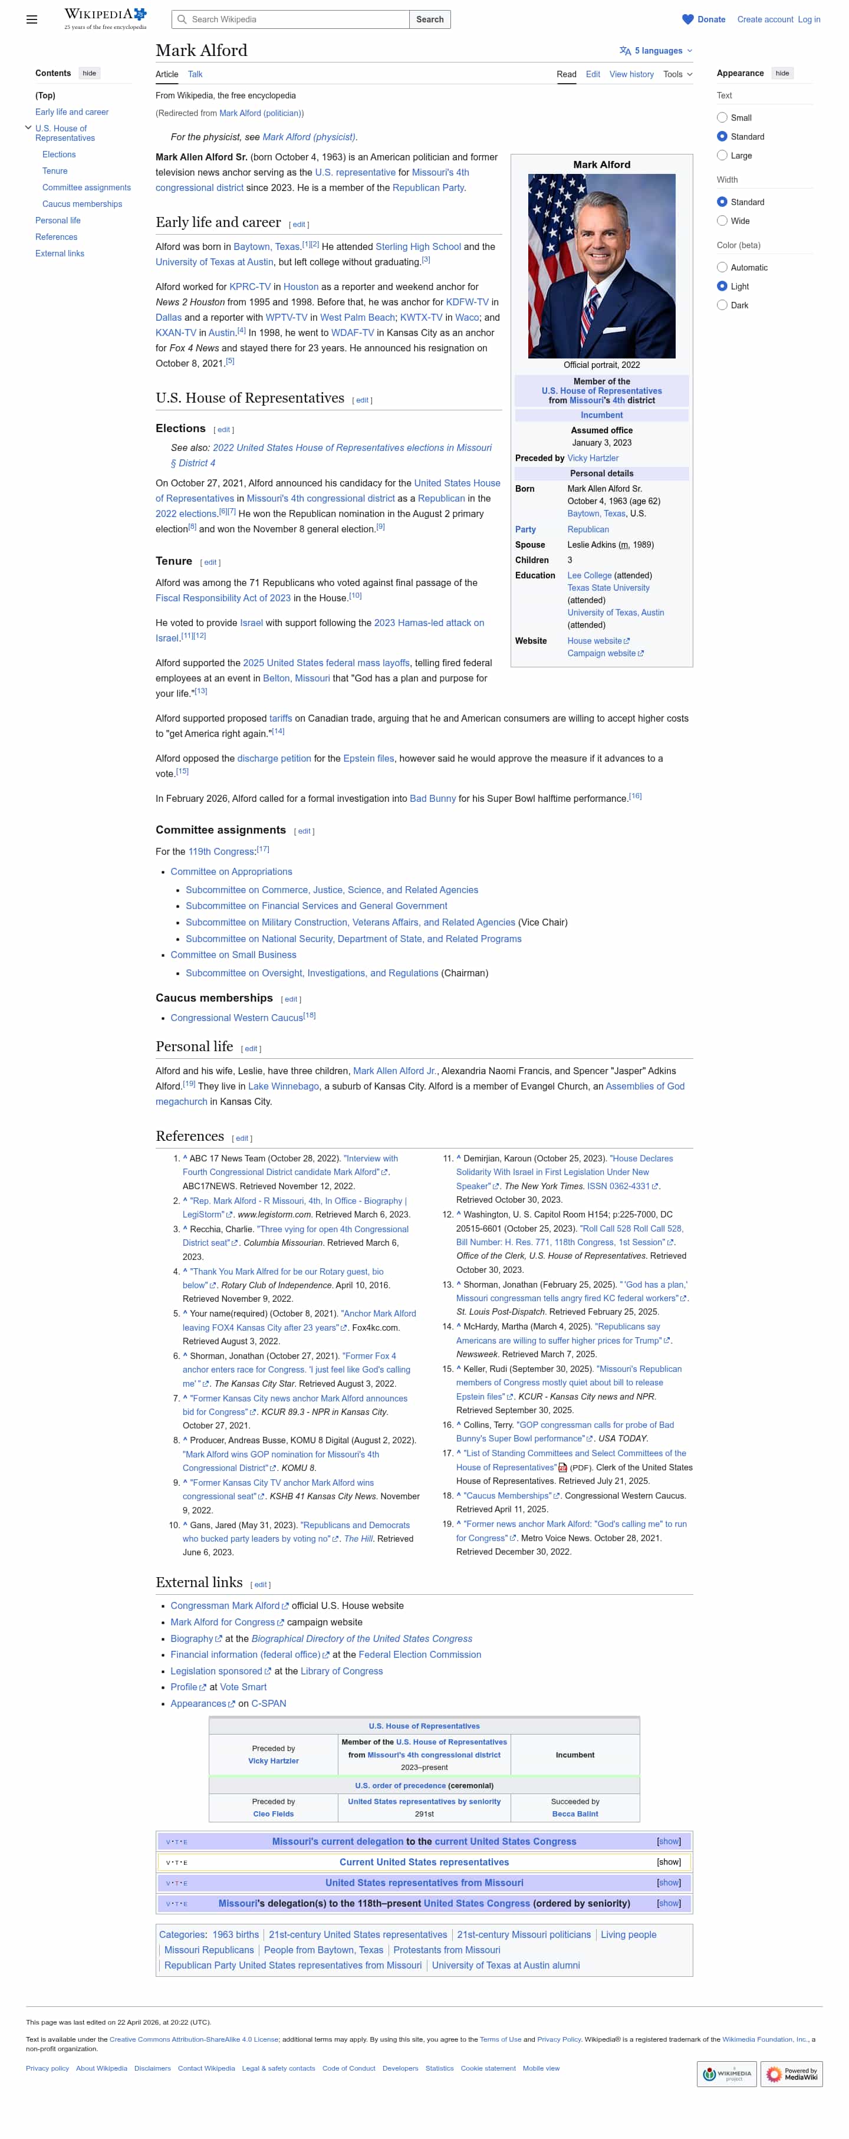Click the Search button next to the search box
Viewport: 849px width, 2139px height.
click(429, 19)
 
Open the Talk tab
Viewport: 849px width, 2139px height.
click(195, 74)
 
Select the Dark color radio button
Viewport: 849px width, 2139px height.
click(722, 305)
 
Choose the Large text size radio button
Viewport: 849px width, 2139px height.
click(722, 155)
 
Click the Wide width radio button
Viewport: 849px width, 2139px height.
click(722, 221)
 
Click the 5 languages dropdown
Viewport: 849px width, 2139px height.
click(656, 51)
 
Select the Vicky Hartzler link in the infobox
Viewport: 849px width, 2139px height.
click(593, 458)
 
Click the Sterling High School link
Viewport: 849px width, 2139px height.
click(418, 246)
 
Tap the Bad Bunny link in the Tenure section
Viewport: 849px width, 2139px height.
click(432, 799)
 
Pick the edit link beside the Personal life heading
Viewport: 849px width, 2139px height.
click(251, 1049)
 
